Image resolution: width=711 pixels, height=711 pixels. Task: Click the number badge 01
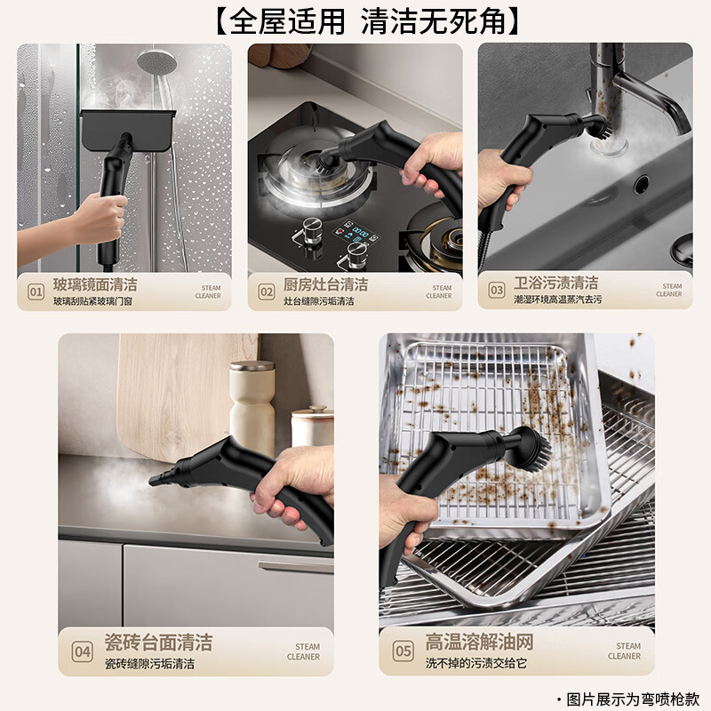click(x=36, y=292)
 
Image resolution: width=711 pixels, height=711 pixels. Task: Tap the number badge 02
click(x=267, y=292)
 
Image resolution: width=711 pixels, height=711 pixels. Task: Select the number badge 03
click(x=497, y=290)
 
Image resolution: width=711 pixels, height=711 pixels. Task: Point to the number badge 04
click(x=82, y=651)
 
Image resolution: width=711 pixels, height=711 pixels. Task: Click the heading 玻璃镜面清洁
click(x=95, y=284)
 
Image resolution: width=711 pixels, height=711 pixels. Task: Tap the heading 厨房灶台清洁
click(x=325, y=284)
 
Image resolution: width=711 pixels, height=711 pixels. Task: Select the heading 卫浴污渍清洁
click(x=556, y=283)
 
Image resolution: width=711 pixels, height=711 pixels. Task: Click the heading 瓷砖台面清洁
click(x=158, y=642)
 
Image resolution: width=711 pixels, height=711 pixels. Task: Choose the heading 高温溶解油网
click(x=478, y=642)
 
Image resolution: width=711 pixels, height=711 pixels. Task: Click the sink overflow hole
click(x=641, y=185)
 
